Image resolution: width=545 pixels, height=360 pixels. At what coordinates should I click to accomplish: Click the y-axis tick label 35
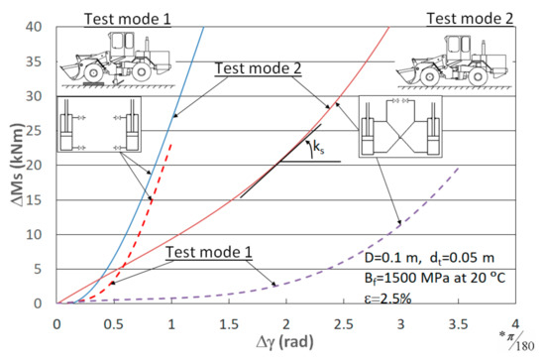click(x=34, y=61)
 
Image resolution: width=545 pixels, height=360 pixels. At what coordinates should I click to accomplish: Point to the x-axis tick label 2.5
click(x=344, y=324)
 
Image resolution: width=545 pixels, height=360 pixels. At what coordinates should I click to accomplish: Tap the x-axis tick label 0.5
click(x=114, y=324)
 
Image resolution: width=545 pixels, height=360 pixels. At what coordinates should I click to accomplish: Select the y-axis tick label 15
click(x=34, y=200)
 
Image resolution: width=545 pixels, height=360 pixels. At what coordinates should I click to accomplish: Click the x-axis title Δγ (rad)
click(x=285, y=342)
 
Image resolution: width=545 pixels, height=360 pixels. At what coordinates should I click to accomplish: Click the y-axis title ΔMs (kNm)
click(x=17, y=165)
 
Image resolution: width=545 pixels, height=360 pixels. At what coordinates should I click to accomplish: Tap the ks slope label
click(x=319, y=148)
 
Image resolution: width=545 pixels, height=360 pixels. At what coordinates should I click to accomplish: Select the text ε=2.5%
click(x=387, y=299)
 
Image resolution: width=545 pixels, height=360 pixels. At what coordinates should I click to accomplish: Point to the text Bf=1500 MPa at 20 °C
click(x=435, y=278)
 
